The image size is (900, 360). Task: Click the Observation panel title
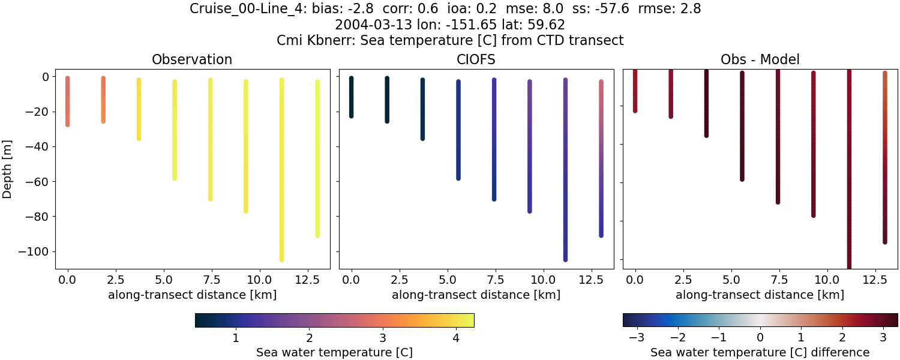click(192, 59)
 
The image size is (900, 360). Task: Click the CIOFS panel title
click(476, 59)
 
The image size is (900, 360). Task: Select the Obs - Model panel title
click(760, 59)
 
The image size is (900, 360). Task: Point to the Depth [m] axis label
click(8, 169)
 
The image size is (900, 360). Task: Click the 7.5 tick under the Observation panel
click(211, 280)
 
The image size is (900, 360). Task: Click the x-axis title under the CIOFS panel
click(476, 295)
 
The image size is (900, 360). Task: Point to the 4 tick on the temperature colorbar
click(456, 338)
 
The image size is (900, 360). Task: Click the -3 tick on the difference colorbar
click(637, 338)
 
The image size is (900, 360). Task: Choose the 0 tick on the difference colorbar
click(760, 338)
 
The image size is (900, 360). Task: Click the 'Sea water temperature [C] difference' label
click(760, 352)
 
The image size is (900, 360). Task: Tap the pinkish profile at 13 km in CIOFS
click(601, 120)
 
